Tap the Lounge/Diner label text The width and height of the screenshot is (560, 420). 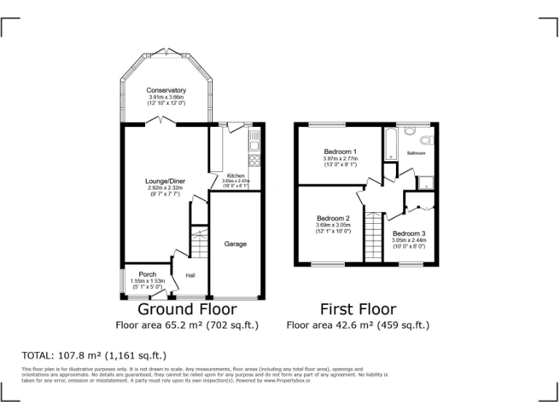tap(163, 181)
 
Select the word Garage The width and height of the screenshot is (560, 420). tap(235, 244)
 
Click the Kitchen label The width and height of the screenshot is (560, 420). tap(236, 176)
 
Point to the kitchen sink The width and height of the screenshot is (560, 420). tap(254, 138)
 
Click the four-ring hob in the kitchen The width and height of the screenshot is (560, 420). tap(255, 160)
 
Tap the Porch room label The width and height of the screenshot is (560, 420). tap(147, 275)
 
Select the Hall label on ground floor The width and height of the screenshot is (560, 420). tap(190, 276)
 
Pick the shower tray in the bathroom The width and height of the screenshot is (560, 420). tap(424, 182)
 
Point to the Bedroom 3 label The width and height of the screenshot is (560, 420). tap(409, 233)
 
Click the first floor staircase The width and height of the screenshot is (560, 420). tap(374, 236)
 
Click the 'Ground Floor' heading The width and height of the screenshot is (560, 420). tap(187, 309)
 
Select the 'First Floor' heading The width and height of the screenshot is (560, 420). tap(358, 309)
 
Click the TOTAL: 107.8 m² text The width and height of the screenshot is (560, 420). tap(94, 356)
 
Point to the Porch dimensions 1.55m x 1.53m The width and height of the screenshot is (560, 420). tap(147, 281)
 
